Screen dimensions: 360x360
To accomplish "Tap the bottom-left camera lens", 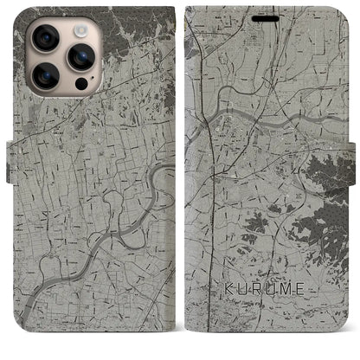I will click(x=45, y=77).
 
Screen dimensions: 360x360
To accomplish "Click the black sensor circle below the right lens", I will click(x=81, y=86).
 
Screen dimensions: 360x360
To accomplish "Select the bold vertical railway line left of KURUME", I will click(x=214, y=260).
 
